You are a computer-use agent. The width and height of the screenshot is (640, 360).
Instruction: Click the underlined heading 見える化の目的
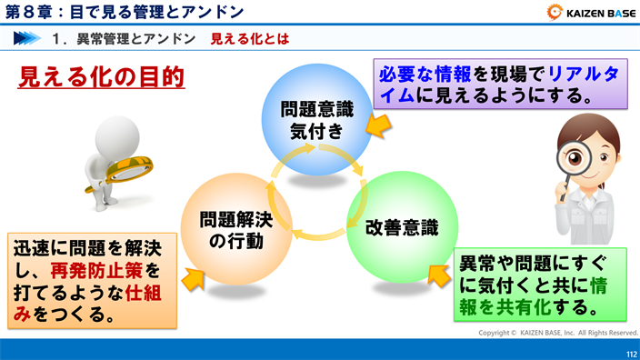click(102, 76)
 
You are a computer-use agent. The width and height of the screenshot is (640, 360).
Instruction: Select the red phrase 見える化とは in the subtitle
click(250, 39)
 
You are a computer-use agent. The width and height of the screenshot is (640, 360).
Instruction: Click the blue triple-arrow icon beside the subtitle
click(27, 39)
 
